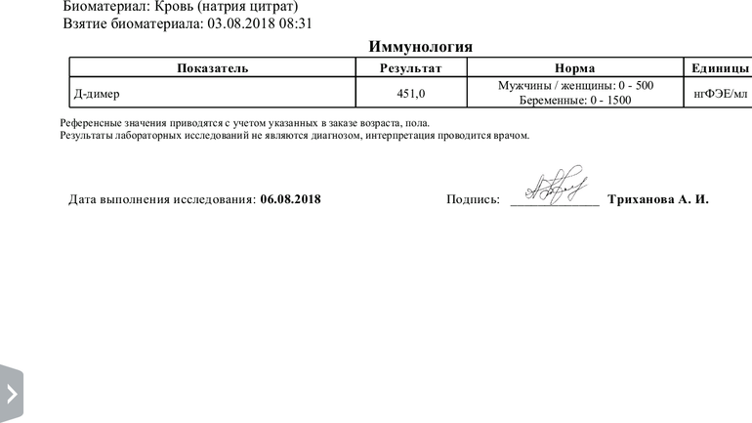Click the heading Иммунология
pyautogui.click(x=421, y=47)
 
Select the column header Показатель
pyautogui.click(x=212, y=68)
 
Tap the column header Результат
pyautogui.click(x=410, y=68)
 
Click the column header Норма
pyautogui.click(x=574, y=68)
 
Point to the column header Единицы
pyautogui.click(x=720, y=68)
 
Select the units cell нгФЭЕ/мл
pyautogui.click(x=720, y=94)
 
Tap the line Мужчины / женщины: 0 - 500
pyautogui.click(x=575, y=86)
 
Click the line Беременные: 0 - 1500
pyautogui.click(x=575, y=101)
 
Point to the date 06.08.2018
pyautogui.click(x=290, y=199)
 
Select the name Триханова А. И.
pyautogui.click(x=657, y=199)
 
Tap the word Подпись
pyautogui.click(x=473, y=199)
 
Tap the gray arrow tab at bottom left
pyautogui.click(x=11, y=394)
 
